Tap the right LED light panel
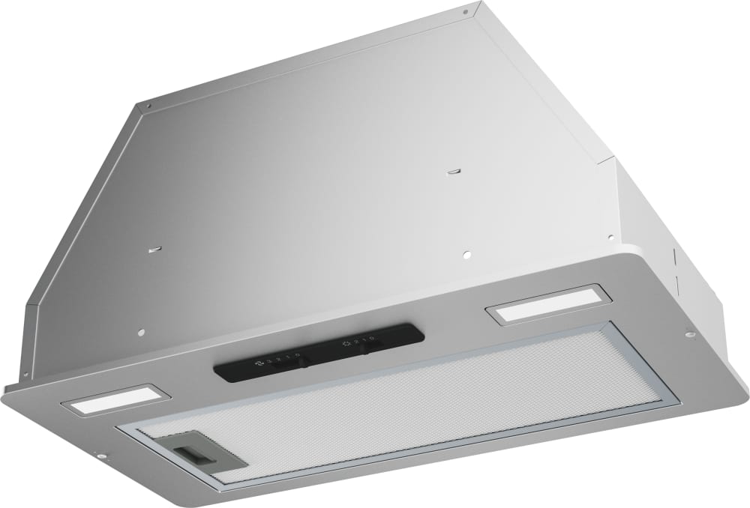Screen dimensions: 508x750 point(541,306)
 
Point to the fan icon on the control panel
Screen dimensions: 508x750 point(259,361)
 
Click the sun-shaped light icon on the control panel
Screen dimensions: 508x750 point(346,343)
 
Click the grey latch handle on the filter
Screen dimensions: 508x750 point(193,452)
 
